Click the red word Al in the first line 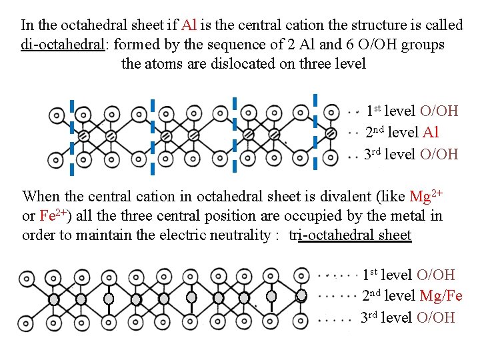[189, 25]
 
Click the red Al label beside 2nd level [431, 133]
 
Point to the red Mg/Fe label [441, 296]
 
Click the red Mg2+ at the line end [427, 197]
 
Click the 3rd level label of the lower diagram [387, 317]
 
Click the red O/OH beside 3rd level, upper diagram [439, 154]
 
